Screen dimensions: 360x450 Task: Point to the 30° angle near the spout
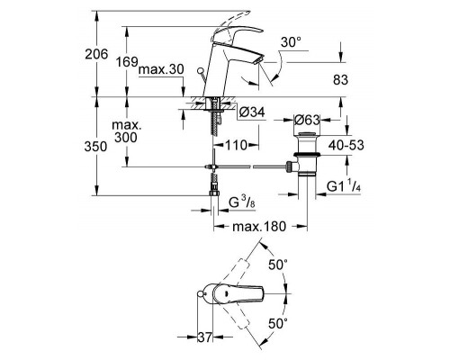point(288,40)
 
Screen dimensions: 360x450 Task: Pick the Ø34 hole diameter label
point(251,112)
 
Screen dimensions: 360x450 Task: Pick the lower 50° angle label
point(278,322)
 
